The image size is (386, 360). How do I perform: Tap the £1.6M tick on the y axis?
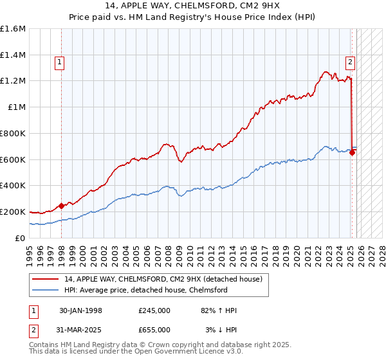click(x=13, y=28)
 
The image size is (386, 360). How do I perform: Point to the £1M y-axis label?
click(x=17, y=107)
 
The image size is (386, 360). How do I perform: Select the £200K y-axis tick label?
click(x=13, y=212)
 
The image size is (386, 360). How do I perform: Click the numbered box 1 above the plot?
click(x=59, y=62)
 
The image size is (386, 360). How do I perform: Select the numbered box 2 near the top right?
click(x=349, y=62)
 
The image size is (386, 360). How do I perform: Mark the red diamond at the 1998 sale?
click(x=62, y=206)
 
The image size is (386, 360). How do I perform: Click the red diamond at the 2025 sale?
click(x=353, y=152)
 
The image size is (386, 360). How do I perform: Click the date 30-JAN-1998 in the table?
click(x=80, y=310)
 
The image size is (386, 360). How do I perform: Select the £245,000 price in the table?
click(x=154, y=310)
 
